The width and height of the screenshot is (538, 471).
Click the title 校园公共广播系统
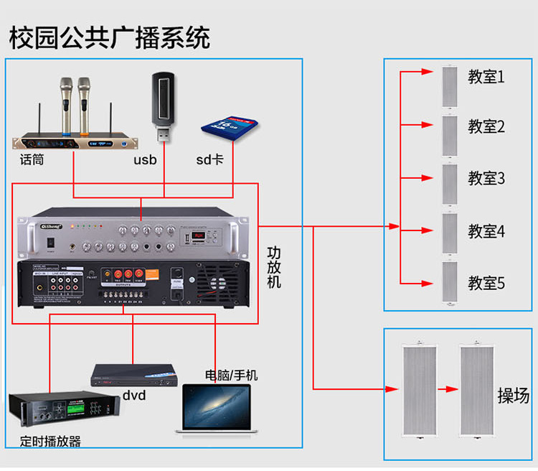point(109,37)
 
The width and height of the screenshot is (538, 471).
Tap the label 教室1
point(486,76)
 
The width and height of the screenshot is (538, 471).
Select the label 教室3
point(486,178)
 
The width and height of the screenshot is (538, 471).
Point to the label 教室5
point(486,283)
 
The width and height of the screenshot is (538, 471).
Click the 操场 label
point(514,395)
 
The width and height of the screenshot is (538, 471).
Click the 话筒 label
point(32,159)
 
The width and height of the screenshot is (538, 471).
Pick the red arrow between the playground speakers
point(448,389)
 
